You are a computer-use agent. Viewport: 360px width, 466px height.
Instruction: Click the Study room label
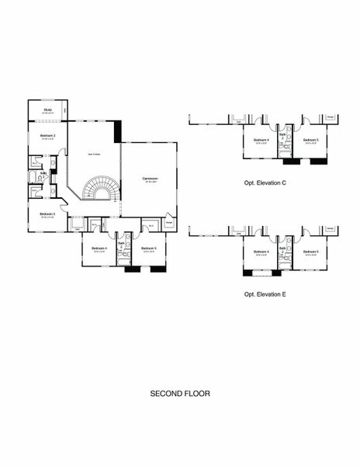point(48,110)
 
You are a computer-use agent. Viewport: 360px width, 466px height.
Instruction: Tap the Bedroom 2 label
point(47,136)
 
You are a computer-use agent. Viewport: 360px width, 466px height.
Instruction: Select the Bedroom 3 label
point(47,214)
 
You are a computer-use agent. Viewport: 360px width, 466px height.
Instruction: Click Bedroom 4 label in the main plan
point(99,249)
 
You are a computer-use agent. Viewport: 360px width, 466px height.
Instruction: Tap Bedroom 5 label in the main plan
point(149,249)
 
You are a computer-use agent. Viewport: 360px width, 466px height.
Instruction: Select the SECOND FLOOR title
point(180,394)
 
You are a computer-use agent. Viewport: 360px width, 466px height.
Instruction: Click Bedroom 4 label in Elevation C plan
point(261,140)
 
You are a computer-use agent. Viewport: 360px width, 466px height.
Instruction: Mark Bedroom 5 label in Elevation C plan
point(311,140)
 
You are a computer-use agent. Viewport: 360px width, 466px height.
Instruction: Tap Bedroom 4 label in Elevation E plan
point(261,252)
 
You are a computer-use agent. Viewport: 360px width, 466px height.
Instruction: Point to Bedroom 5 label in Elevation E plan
point(311,252)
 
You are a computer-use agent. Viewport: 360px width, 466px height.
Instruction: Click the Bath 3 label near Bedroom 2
point(43,173)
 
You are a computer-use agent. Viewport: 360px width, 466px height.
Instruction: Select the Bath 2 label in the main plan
point(121,243)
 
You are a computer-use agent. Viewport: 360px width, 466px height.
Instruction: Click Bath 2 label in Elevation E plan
point(283,246)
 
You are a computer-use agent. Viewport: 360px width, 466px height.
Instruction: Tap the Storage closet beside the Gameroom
point(169,224)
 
